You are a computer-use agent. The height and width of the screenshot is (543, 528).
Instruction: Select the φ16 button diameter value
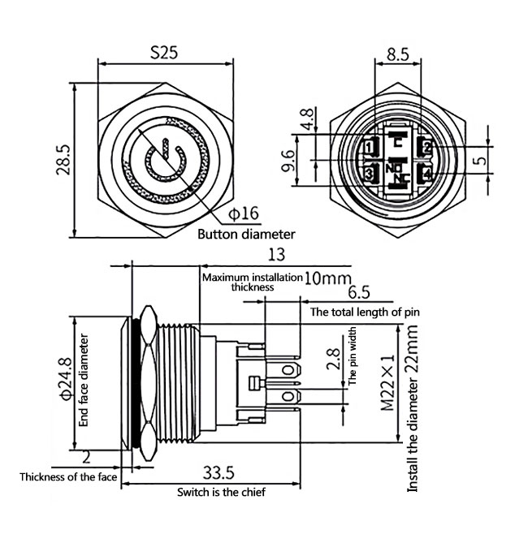(x=243, y=213)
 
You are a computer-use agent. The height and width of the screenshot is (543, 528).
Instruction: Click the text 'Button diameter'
(x=246, y=234)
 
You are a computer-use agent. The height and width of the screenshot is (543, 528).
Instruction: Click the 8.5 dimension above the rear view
(x=397, y=55)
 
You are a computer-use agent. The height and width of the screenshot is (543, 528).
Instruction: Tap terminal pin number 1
(x=370, y=147)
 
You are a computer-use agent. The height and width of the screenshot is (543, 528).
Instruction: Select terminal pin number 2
(x=425, y=147)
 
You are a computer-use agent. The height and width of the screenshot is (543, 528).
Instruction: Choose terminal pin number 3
(x=370, y=173)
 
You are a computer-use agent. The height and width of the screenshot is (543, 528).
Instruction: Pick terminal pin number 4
(x=425, y=173)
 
